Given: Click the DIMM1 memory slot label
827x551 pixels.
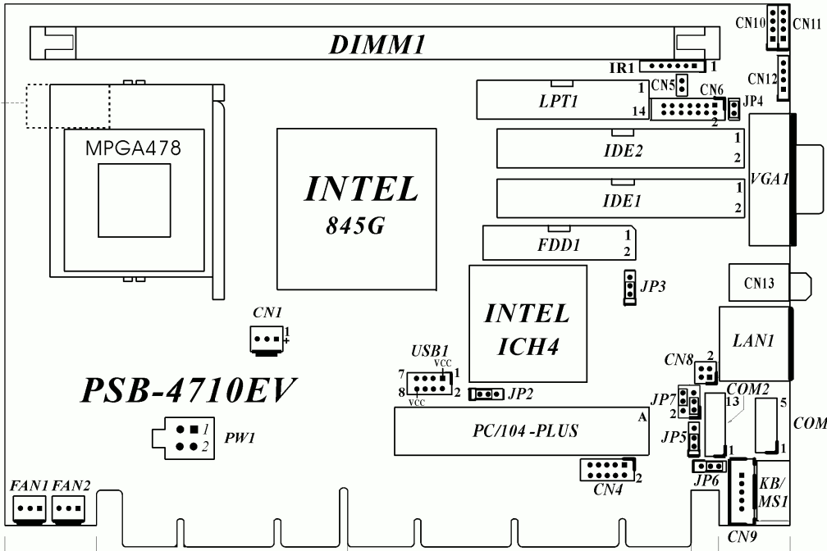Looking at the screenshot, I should tap(377, 45).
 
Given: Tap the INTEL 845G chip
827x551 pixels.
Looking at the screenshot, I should tap(361, 204).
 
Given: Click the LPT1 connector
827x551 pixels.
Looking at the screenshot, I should tap(553, 102).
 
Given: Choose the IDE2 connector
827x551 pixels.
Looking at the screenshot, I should tap(622, 149).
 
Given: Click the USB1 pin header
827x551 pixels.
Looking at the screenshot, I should tap(427, 382).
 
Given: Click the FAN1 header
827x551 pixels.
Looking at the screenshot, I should tap(30, 508).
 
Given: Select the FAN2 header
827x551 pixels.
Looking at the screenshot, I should tap(69, 508).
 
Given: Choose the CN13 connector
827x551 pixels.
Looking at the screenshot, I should tap(758, 285).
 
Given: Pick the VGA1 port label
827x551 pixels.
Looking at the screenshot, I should tap(769, 180).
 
